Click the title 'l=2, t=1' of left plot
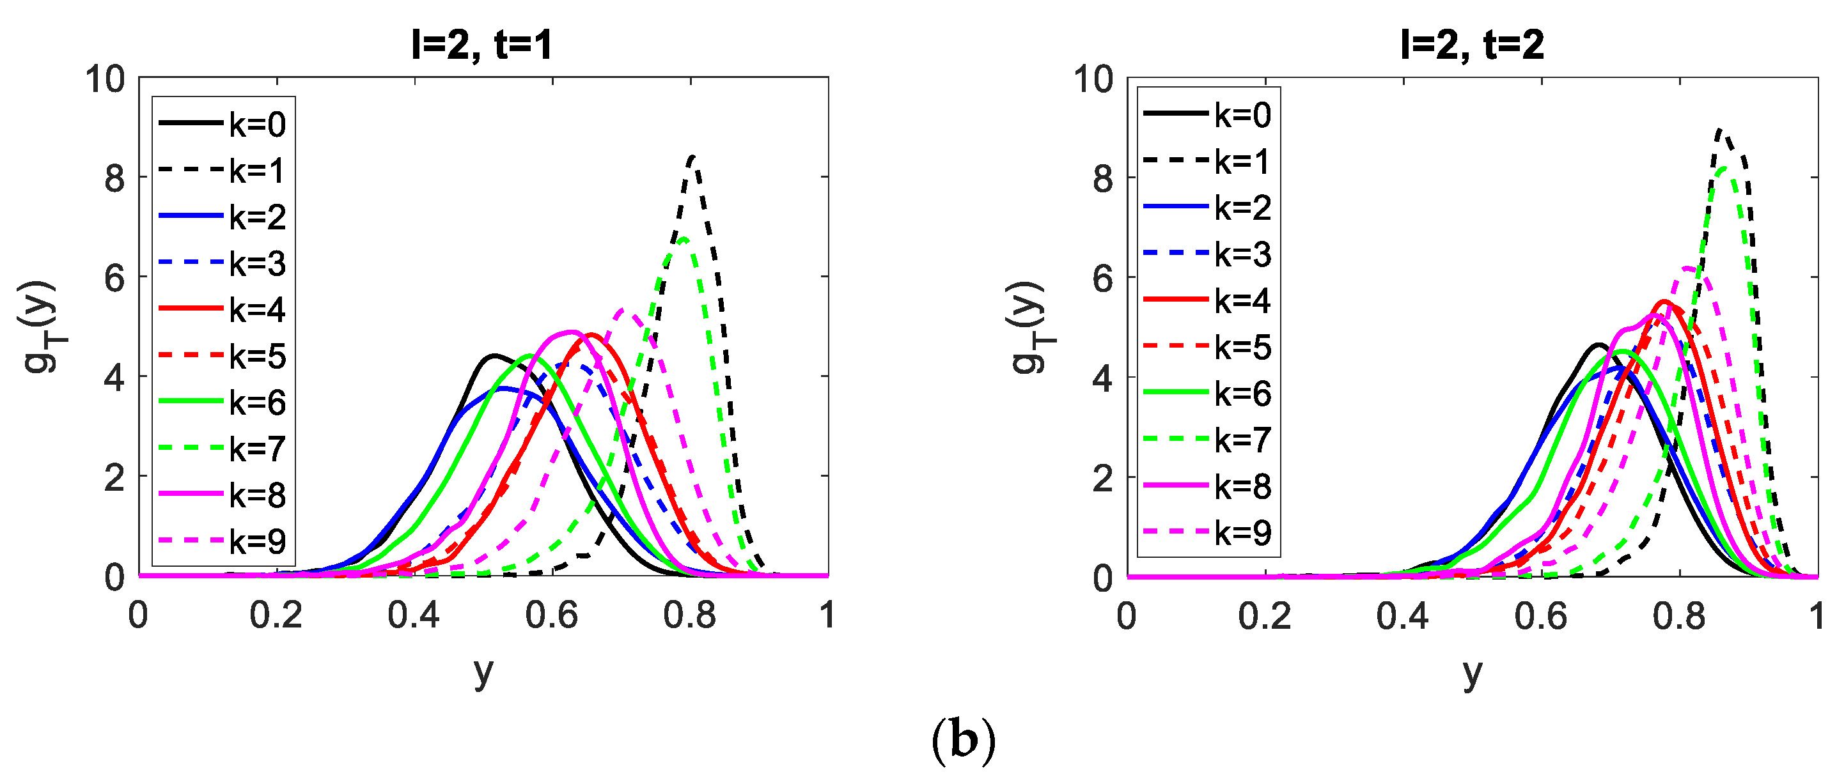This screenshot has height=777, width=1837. tap(481, 44)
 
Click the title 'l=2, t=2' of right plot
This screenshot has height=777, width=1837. tap(1471, 44)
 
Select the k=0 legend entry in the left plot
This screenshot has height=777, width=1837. tap(222, 124)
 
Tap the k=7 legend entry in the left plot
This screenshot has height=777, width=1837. tap(222, 449)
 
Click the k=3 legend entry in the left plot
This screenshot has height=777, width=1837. tap(222, 263)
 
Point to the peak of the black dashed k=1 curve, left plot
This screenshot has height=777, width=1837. tap(693, 157)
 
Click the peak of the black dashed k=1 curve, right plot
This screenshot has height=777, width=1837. tap(1719, 130)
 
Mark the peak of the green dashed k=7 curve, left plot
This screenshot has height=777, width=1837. tap(683, 239)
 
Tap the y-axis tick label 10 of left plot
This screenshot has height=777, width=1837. tap(105, 79)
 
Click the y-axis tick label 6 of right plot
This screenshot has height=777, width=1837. tap(1102, 278)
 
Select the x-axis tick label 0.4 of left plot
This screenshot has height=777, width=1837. tap(414, 615)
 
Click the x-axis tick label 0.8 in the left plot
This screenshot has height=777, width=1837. tap(689, 615)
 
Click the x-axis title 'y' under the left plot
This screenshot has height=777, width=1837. tap(483, 672)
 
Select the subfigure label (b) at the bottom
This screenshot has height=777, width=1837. tap(963, 741)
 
